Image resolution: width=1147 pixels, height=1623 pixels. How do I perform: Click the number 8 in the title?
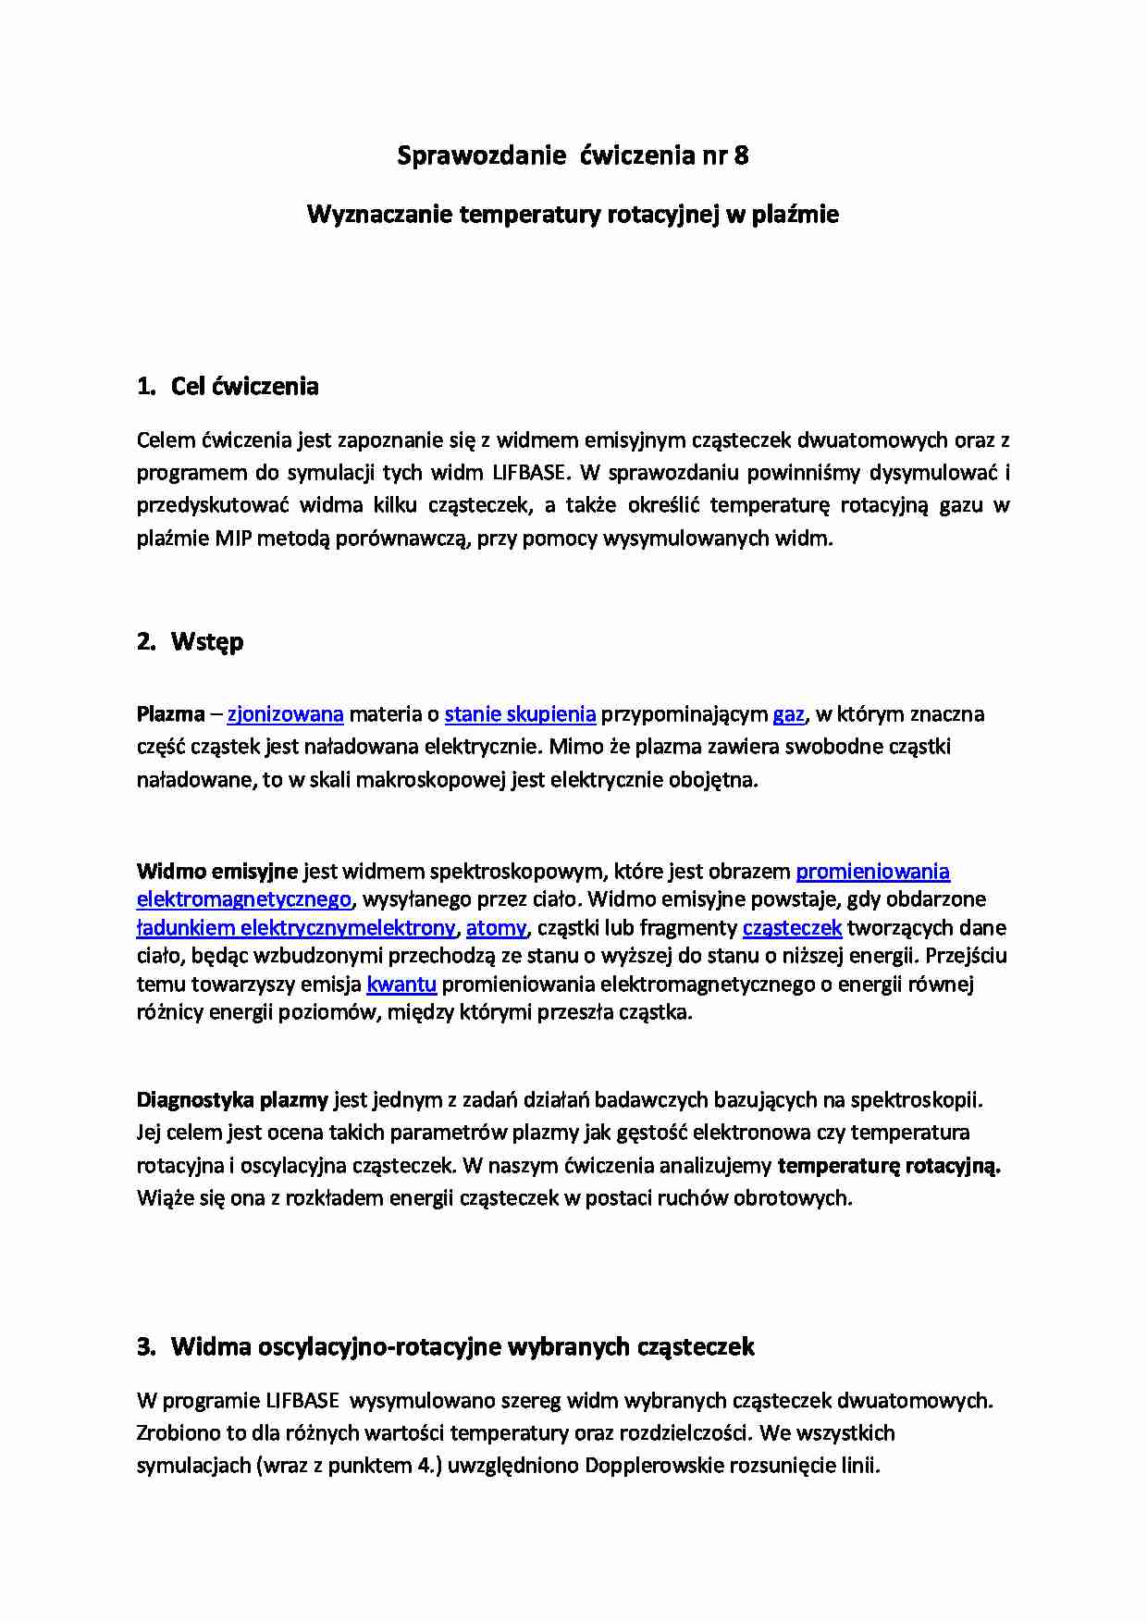741,155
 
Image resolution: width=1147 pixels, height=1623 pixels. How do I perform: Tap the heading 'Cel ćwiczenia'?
244,386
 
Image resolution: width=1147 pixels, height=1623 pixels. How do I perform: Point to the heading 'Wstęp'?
207,641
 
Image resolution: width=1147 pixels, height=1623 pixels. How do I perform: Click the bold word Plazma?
170,714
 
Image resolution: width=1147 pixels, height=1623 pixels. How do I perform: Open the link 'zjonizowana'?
285,714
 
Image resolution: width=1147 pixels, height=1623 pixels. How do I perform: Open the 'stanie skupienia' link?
520,714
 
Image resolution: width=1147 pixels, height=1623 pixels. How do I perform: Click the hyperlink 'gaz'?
788,714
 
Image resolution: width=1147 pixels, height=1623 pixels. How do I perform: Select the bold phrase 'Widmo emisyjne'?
216,871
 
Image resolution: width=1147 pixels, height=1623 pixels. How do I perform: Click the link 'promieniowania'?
872,871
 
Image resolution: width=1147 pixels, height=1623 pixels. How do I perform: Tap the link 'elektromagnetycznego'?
244,899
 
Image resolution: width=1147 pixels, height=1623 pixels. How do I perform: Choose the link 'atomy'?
496,927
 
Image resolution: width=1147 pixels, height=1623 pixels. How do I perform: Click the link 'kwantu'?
401,984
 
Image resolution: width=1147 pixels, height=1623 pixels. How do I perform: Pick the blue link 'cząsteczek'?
792,927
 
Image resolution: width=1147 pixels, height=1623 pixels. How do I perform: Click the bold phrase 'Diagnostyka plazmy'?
232,1099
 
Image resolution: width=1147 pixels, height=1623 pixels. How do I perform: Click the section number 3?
145,1346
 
